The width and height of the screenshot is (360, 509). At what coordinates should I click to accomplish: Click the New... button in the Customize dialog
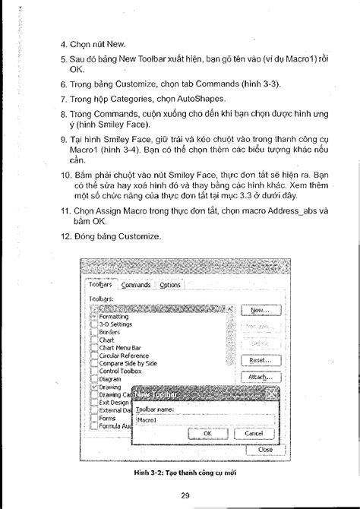pos(261,311)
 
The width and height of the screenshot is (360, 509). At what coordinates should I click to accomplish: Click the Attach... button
pos(261,377)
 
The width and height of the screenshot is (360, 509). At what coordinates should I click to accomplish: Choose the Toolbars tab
pos(100,285)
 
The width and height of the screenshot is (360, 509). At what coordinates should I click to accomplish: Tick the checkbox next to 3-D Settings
pos(93,324)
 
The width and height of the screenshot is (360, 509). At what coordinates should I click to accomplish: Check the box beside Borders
pos(93,332)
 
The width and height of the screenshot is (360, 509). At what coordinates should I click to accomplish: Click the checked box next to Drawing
pos(93,387)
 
